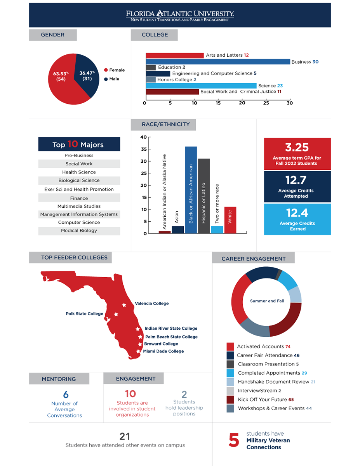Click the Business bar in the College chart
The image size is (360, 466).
tap(217, 62)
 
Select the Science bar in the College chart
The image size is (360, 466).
tap(201, 86)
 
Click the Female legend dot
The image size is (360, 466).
tap(106, 70)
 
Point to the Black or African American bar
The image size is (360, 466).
tap(191, 190)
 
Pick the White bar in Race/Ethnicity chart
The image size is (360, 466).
tap(230, 220)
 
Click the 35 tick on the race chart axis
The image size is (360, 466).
tap(143, 149)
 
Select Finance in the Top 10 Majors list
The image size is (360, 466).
tap(79, 198)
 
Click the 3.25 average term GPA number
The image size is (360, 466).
tap(297, 147)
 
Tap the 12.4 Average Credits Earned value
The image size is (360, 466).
tap(297, 213)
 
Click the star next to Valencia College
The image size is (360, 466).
tap(124, 305)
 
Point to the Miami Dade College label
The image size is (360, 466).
tap(163, 351)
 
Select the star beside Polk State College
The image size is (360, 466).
tap(116, 315)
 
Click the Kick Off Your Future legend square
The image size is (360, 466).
tap(230, 400)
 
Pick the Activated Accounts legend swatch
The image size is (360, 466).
tap(230, 346)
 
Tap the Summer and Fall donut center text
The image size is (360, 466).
tap(267, 301)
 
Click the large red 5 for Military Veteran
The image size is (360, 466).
tap(233, 440)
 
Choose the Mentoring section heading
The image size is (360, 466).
tap(59, 379)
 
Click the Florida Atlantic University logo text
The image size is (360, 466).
tap(180, 14)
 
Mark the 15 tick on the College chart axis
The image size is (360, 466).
tap(218, 103)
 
